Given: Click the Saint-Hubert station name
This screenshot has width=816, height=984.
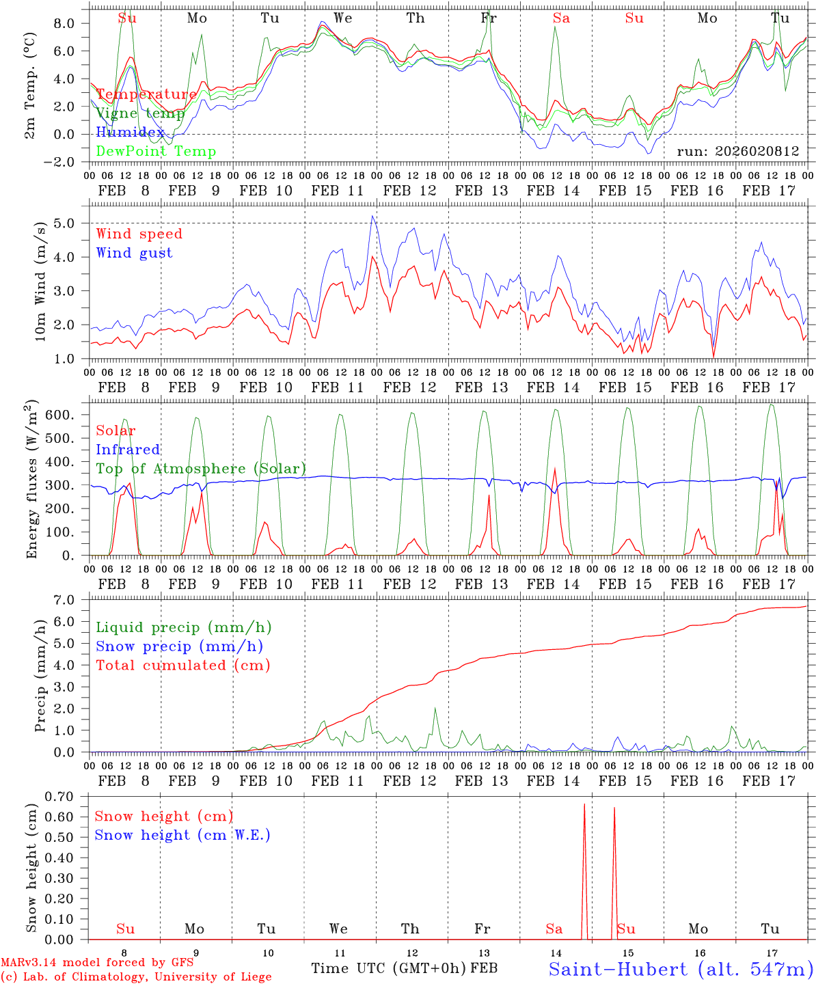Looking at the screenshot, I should [680, 969].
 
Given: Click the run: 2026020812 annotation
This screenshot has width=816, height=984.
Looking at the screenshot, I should [737, 152].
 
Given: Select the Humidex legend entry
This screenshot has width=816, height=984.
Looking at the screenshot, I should [130, 133].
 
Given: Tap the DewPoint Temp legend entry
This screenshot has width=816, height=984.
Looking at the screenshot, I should [156, 151].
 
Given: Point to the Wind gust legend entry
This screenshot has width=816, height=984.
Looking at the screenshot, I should [134, 253].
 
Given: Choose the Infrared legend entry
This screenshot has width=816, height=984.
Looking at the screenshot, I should [128, 450].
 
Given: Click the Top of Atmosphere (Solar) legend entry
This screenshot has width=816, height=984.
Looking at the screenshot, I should [200, 469].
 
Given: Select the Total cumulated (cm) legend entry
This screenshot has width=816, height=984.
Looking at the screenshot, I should [182, 665].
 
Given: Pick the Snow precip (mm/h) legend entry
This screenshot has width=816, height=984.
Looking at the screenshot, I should [179, 646].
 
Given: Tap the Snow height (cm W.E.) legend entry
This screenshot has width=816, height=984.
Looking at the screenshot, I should [182, 835].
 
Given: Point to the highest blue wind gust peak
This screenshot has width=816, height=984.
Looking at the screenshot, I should [372, 217].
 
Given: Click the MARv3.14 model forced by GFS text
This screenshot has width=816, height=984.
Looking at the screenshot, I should [97, 963].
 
